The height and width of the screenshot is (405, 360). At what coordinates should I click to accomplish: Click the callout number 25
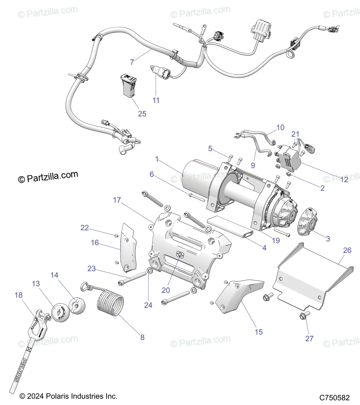click(142, 114)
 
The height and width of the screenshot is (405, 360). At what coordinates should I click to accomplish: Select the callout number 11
click(156, 100)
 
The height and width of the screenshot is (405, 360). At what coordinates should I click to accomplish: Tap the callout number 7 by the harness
click(132, 62)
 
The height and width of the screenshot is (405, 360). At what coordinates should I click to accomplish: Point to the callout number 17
click(117, 200)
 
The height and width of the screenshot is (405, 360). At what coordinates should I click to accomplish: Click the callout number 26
click(347, 250)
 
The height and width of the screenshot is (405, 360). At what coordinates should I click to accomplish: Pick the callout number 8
click(143, 337)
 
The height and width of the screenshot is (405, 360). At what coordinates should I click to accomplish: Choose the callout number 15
click(259, 332)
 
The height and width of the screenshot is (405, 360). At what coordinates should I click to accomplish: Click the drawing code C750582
click(335, 398)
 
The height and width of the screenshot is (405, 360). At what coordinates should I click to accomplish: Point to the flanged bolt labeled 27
click(303, 317)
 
